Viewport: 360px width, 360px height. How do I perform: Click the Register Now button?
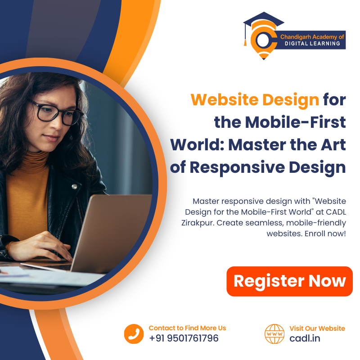point(289,281)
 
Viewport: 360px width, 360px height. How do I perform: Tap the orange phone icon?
point(134,334)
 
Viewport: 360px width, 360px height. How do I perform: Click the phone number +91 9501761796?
point(184,338)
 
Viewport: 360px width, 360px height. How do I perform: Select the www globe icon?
point(274,334)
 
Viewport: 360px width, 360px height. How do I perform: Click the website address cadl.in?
point(305,338)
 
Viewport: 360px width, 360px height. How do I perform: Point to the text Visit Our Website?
point(317,328)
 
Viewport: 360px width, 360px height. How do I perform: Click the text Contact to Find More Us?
point(187,328)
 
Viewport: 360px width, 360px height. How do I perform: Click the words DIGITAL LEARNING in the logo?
point(312,43)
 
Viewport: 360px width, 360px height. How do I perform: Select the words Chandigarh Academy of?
point(312,37)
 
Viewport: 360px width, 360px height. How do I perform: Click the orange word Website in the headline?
point(225,99)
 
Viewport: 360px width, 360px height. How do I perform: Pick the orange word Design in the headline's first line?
point(291,100)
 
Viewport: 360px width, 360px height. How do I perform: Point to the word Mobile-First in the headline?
point(295,122)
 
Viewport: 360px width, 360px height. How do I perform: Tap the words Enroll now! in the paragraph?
point(325,234)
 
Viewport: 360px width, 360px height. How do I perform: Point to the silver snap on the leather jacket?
point(74,187)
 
